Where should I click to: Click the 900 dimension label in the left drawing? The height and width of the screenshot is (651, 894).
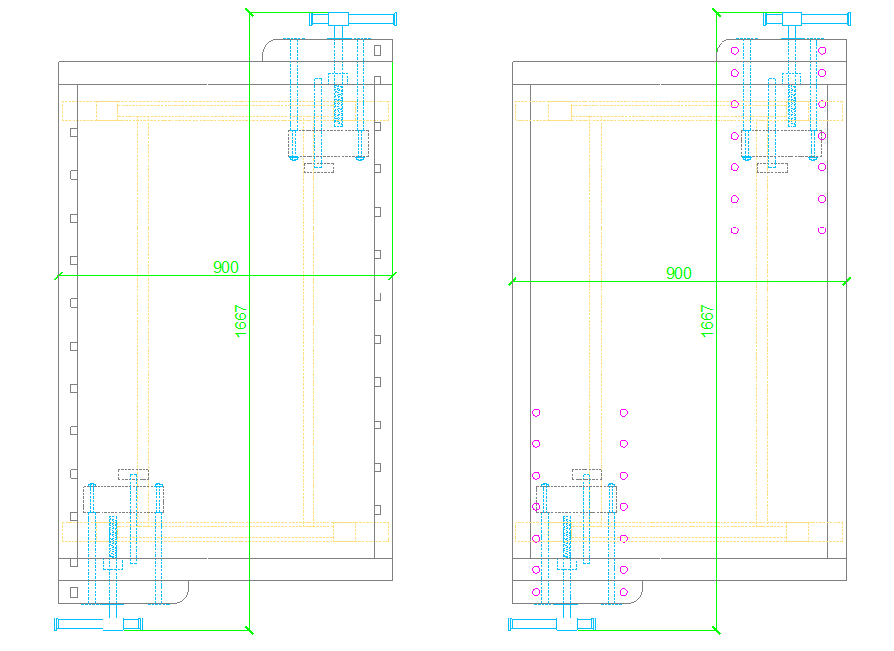[225, 267]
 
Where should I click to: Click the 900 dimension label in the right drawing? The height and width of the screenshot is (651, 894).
[678, 273]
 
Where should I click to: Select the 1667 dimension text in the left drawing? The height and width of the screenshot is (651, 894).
[241, 321]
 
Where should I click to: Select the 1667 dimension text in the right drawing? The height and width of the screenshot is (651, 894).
[707, 321]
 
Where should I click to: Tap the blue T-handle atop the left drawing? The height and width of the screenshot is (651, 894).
[354, 19]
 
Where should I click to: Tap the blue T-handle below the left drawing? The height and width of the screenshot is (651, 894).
[98, 624]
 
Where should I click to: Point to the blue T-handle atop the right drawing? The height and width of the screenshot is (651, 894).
[806, 19]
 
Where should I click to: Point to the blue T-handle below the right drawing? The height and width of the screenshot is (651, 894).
[551, 624]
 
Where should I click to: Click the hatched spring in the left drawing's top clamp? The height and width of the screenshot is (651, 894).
[339, 105]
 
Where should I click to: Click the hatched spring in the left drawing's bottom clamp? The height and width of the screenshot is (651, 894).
[113, 537]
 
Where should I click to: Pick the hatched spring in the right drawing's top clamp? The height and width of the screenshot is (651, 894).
[791, 105]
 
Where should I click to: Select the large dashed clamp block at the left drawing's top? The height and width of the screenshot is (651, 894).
[328, 143]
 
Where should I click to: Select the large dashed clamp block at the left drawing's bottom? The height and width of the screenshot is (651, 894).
[123, 499]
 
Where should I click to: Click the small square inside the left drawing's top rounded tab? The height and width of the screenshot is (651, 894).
[378, 50]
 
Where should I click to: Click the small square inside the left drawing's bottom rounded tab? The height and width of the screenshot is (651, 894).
[74, 592]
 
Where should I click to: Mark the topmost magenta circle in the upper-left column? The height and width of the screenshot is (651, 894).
[735, 50]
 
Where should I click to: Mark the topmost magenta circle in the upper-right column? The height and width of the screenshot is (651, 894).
[822, 50]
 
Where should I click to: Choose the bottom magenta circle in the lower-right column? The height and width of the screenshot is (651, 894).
[624, 592]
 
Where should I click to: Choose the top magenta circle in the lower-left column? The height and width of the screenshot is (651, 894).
[536, 413]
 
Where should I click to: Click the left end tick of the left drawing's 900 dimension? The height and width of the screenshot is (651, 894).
[58, 276]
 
